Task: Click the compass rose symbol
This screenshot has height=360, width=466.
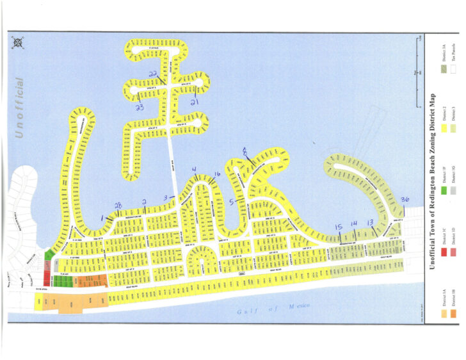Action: coord(19,43)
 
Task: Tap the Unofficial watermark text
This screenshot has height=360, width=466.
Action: coord(19,108)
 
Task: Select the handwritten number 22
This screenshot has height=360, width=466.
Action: coord(153,75)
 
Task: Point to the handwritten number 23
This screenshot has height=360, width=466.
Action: coord(139,108)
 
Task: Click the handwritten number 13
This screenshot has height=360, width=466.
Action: coord(370,222)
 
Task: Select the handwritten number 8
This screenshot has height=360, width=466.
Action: coord(245,151)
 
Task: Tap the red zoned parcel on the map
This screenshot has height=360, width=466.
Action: coord(45,276)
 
